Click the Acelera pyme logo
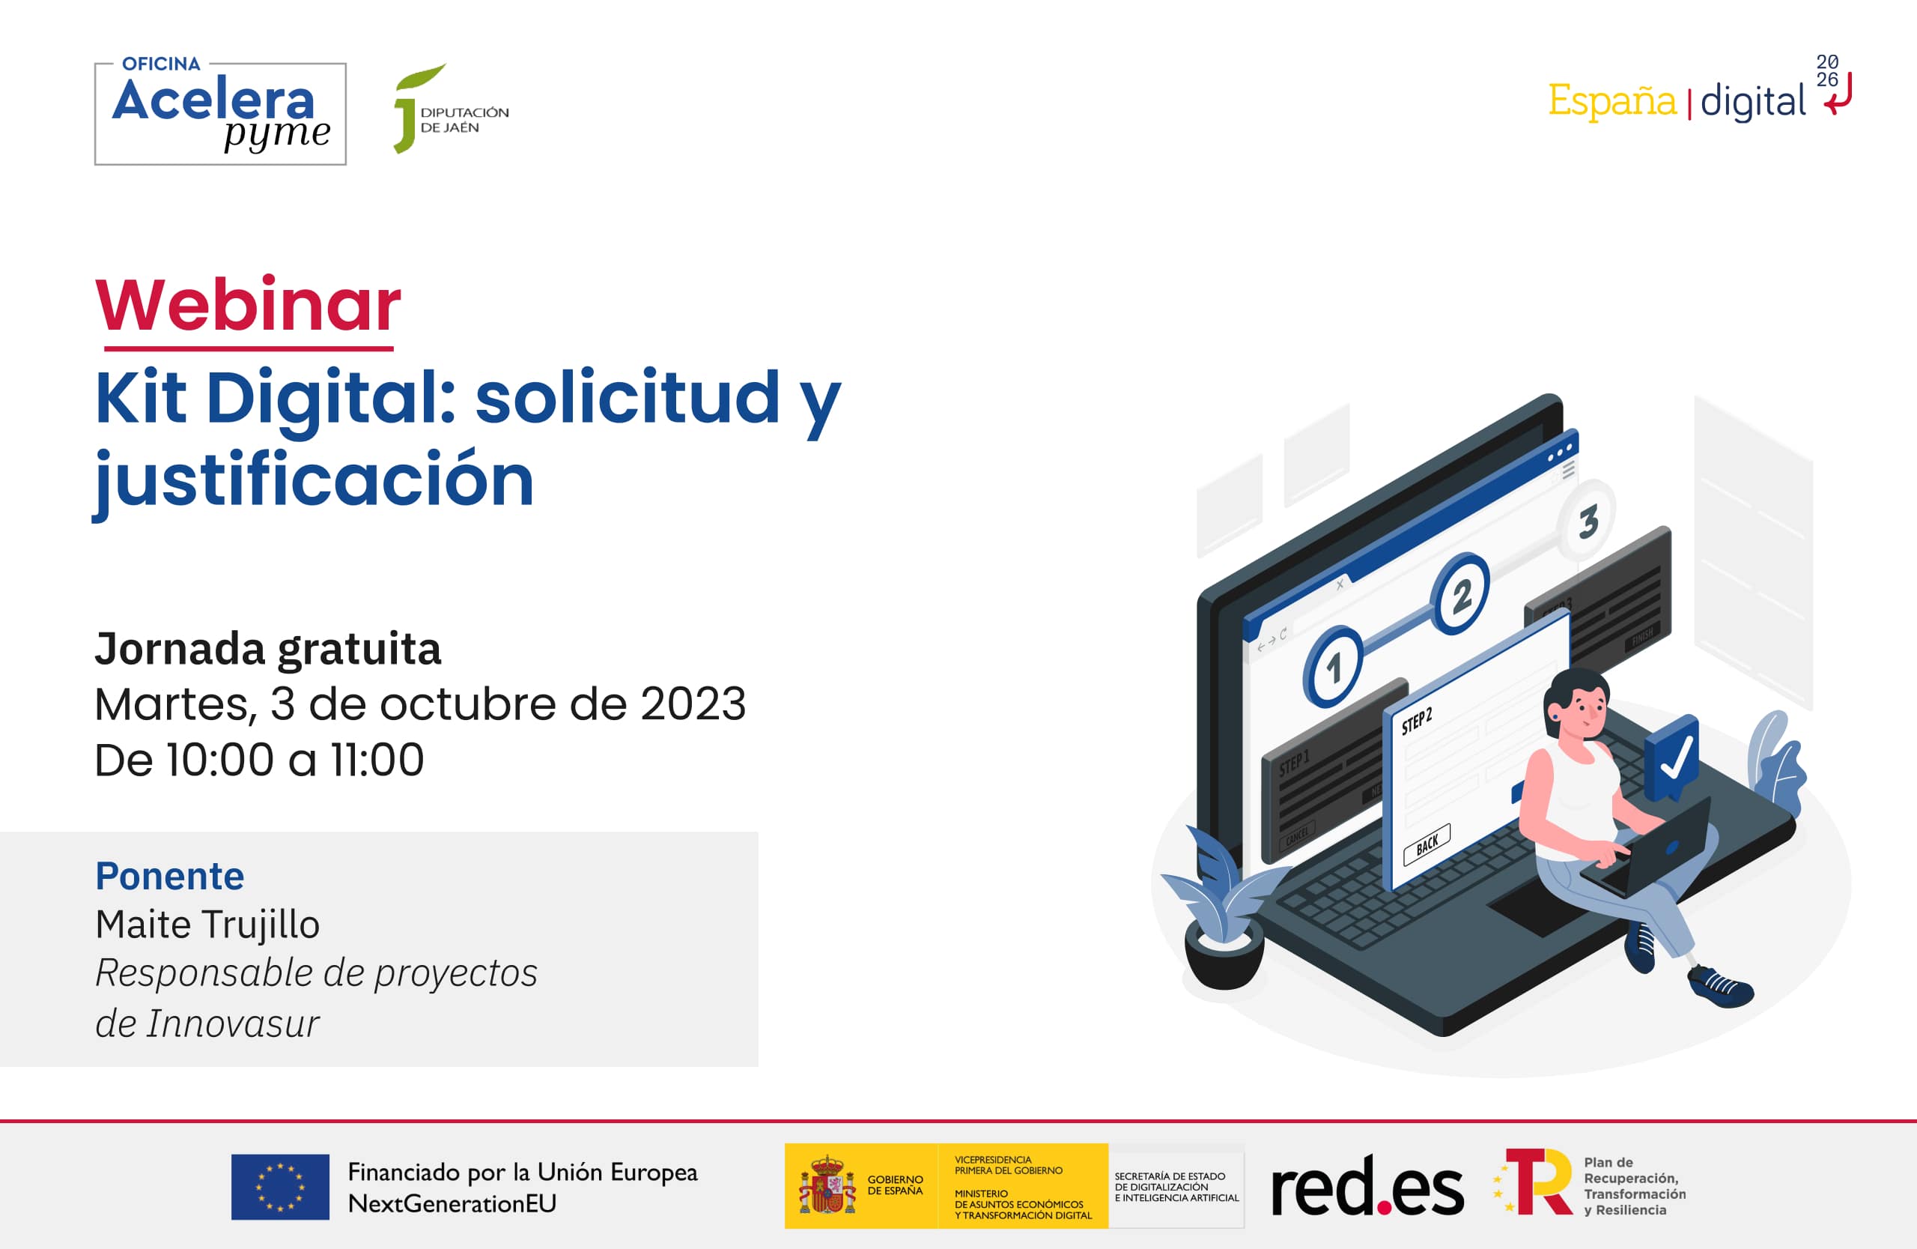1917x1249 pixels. click(220, 113)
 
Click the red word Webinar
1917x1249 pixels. click(248, 306)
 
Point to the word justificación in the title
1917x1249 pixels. click(314, 480)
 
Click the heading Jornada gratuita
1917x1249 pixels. click(267, 649)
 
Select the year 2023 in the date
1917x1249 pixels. click(693, 704)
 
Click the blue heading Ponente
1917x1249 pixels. click(169, 876)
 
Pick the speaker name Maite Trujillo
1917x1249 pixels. click(207, 925)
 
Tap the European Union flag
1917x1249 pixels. click(279, 1187)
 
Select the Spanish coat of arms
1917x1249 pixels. click(827, 1186)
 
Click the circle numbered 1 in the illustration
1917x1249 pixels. click(1333, 668)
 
